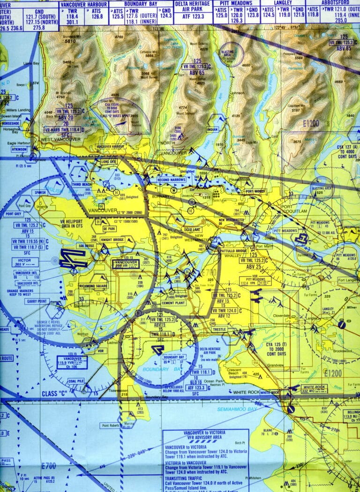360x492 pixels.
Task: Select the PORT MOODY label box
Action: [x=255, y=191]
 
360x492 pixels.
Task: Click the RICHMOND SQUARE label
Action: [x=94, y=286]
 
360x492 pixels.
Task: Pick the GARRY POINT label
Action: [x=38, y=301]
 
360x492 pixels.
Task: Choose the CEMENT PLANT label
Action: [x=173, y=303]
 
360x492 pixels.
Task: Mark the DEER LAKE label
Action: [x=192, y=229]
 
